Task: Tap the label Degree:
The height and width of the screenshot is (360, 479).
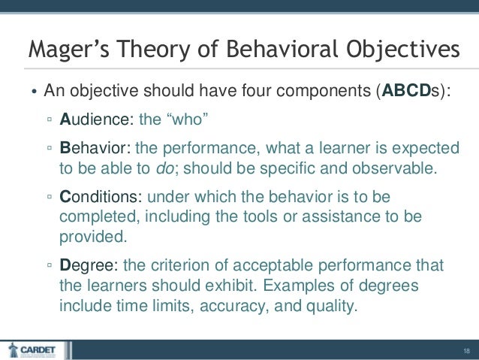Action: (89, 265)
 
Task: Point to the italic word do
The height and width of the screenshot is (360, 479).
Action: (164, 167)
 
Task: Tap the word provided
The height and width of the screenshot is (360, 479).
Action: (92, 237)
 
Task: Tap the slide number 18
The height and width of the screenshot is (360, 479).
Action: (465, 349)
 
